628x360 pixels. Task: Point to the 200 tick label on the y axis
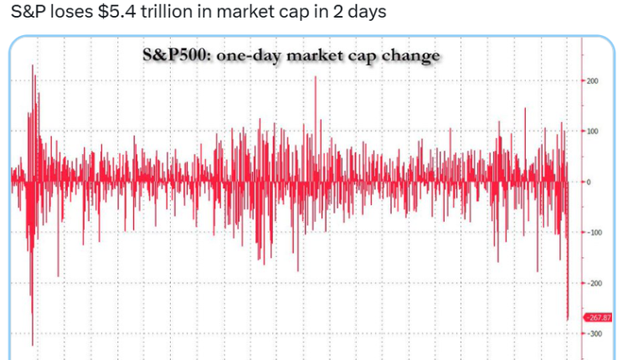pos(593,81)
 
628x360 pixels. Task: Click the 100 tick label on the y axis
pos(593,131)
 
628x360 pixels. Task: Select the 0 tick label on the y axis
pos(589,182)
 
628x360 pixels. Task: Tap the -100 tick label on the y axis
pos(594,232)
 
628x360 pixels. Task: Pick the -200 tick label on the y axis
pos(594,283)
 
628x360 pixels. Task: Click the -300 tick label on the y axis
pos(594,333)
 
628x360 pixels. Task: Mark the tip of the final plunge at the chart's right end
pos(568,319)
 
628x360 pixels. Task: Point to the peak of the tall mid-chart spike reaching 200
pos(315,77)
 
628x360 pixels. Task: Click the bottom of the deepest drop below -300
pos(33,344)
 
